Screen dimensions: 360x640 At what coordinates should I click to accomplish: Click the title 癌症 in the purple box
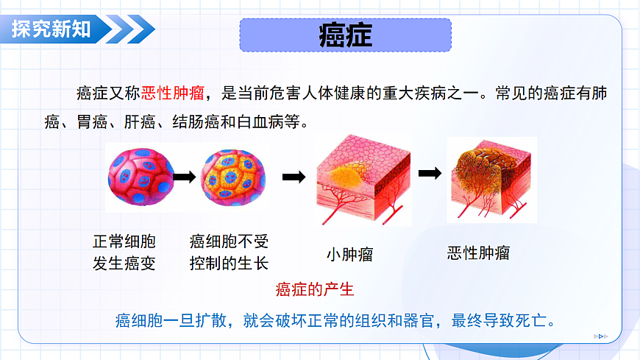coord(345,35)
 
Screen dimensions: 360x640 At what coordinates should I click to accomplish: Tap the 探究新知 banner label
coord(51,29)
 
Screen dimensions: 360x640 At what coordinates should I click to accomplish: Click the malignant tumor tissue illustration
coord(491,180)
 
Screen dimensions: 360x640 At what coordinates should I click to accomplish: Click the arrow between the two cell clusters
coord(185,177)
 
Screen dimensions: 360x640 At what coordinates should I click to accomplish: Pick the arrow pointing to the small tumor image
coord(294,177)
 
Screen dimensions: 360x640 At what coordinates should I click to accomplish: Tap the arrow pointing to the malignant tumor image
coord(430,174)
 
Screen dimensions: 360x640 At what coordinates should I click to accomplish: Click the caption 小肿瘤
coord(349,255)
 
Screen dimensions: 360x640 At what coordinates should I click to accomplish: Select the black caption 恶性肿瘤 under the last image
coord(478,254)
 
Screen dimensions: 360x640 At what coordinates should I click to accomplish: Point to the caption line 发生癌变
coord(124,264)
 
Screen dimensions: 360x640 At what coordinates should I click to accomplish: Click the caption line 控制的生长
coord(229,264)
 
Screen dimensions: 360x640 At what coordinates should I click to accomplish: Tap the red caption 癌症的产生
coord(315,289)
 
